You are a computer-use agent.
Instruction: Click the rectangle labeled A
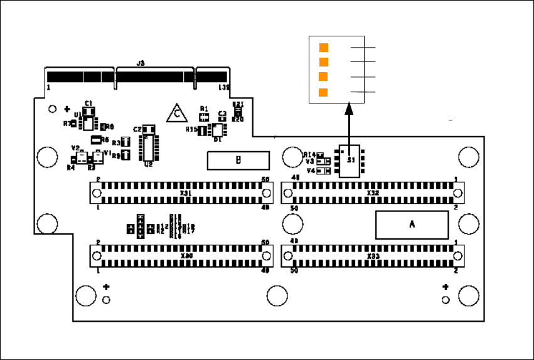point(412,225)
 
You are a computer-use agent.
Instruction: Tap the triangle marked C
point(178,114)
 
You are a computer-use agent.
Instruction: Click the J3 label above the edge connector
point(141,63)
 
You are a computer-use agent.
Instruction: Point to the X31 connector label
point(186,193)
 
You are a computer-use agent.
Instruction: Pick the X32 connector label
point(372,193)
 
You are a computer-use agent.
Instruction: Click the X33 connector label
point(372,257)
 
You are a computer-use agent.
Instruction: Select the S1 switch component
point(349,162)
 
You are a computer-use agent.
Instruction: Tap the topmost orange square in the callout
point(324,48)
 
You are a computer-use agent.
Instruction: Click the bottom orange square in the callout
point(324,93)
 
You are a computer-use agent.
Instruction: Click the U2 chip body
point(149,147)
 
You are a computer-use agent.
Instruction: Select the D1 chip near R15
point(218,130)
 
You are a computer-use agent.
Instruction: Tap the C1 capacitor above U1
point(88,111)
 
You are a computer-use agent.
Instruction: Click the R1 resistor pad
point(203,116)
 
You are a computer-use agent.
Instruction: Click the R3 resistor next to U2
point(125,143)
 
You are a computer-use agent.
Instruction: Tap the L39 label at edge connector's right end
point(224,87)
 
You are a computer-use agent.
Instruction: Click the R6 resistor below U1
point(96,139)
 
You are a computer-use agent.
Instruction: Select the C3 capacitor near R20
point(222,119)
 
